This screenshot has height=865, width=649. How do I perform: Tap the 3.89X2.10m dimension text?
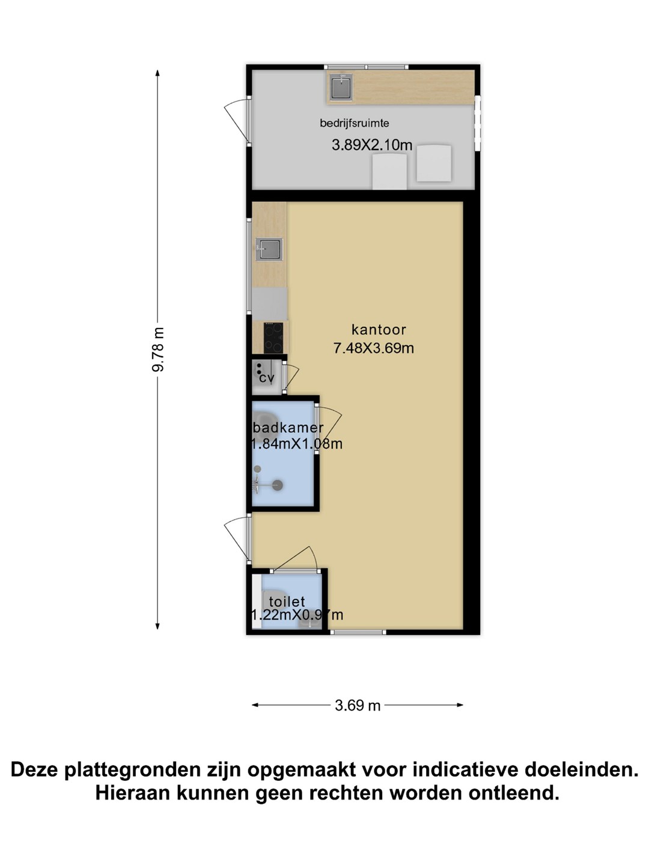pos(372,145)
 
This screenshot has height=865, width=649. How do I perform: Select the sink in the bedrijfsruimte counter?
pos(341,87)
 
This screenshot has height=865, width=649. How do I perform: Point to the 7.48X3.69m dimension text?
pos(374,348)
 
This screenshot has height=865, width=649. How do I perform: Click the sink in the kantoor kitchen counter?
pos(269,249)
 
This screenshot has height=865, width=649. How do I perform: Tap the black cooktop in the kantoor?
pos(273,338)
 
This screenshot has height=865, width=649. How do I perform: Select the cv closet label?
pos(266,378)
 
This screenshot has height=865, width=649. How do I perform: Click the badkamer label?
pos(288,427)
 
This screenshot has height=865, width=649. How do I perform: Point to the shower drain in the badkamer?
pos(278,485)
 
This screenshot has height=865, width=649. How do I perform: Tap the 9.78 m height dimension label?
pos(158,350)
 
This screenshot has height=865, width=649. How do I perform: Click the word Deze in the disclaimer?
pos(35,769)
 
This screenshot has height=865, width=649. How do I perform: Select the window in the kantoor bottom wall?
pos(358,632)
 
